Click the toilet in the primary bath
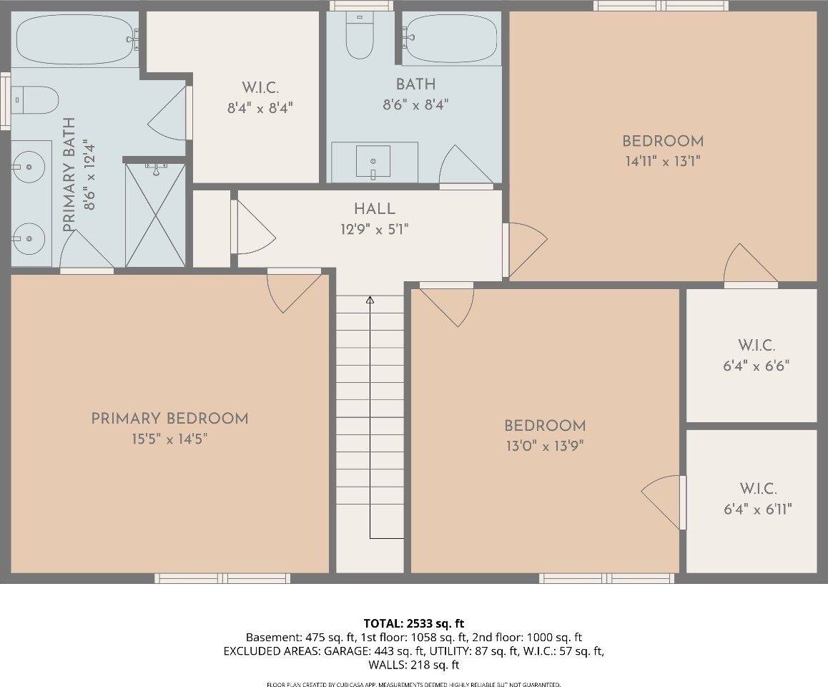(x=36, y=100)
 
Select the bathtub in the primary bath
(x=75, y=39)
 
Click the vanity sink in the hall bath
(x=373, y=161)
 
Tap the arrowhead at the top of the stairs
(x=370, y=300)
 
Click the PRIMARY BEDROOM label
(x=169, y=419)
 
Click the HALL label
(x=374, y=209)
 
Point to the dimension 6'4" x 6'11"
(x=757, y=509)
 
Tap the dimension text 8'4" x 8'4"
(x=260, y=108)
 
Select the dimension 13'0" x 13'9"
(x=545, y=446)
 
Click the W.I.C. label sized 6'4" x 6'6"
(x=757, y=346)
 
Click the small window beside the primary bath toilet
(x=5, y=100)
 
